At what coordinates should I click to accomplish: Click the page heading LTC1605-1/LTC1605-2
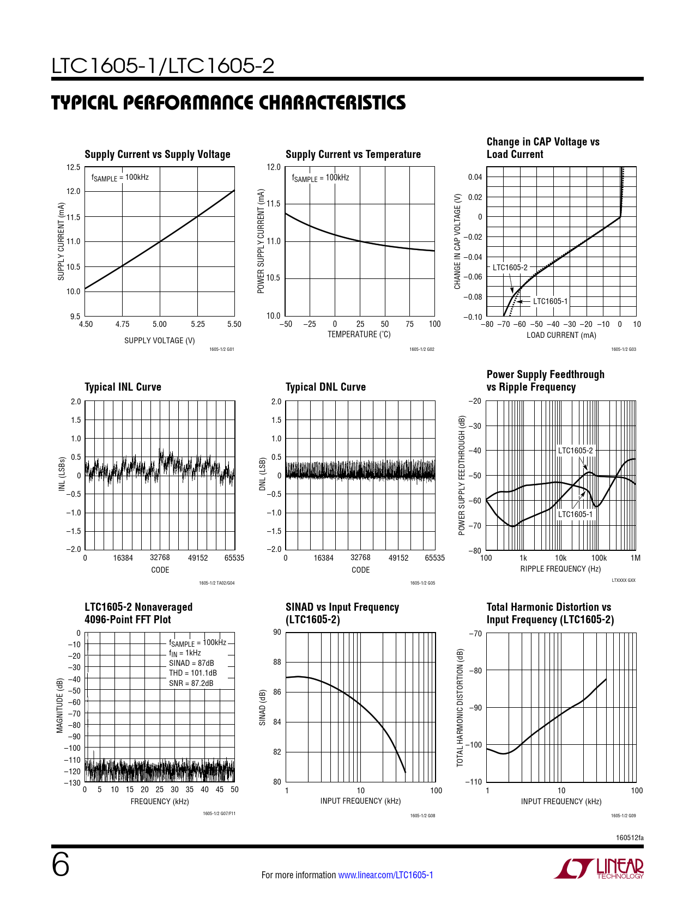pyautogui.click(x=162, y=66)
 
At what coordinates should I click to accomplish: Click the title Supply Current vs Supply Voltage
pyautogui.click(x=157, y=154)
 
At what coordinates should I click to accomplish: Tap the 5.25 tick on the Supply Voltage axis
pyautogui.click(x=198, y=324)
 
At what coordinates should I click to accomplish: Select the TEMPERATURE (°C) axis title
pyautogui.click(x=359, y=335)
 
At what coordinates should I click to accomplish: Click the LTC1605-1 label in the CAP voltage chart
pyautogui.click(x=550, y=301)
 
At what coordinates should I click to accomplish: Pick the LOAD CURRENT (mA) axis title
pyautogui.click(x=561, y=335)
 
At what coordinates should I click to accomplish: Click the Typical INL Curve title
pyautogui.click(x=123, y=387)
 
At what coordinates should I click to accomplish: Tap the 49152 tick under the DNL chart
pyautogui.click(x=398, y=558)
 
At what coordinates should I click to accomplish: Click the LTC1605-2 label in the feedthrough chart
pyautogui.click(x=575, y=451)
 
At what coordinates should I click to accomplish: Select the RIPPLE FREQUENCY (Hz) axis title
pyautogui.click(x=560, y=569)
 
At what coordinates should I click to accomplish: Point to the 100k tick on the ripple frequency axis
pyautogui.click(x=599, y=558)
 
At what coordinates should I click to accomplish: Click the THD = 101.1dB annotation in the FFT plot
pyautogui.click(x=192, y=673)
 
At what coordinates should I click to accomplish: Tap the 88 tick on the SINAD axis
pyautogui.click(x=277, y=662)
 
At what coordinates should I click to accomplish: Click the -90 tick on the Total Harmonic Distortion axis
pyautogui.click(x=476, y=708)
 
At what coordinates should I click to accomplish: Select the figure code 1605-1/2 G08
pyautogui.click(x=422, y=816)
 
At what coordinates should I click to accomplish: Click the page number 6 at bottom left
pyautogui.click(x=60, y=865)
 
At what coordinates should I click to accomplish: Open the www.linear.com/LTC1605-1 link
pyautogui.click(x=385, y=875)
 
